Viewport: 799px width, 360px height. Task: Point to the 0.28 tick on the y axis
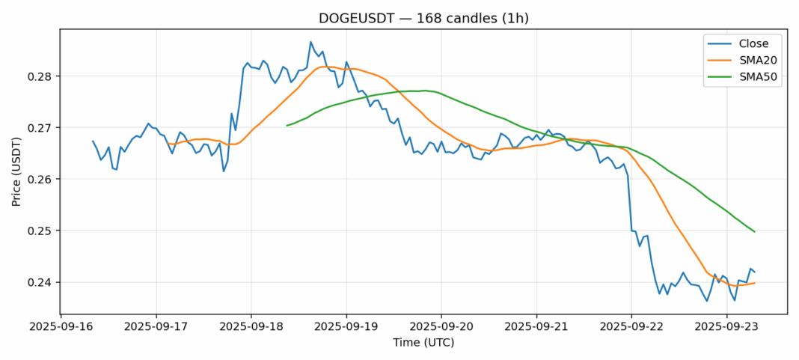pyautogui.click(x=43, y=76)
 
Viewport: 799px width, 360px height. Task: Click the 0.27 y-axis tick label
pyautogui.click(x=43, y=128)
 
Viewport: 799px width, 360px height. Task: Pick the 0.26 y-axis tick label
pyautogui.click(x=43, y=180)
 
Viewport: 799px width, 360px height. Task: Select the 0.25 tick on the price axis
pyautogui.click(x=43, y=231)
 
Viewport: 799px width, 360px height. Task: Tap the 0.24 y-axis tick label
pyautogui.click(x=43, y=282)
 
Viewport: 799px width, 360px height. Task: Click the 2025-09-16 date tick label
pyautogui.click(x=61, y=327)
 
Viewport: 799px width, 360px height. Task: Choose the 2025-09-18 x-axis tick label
pyautogui.click(x=251, y=327)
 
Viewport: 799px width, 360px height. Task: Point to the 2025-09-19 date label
pyautogui.click(x=346, y=327)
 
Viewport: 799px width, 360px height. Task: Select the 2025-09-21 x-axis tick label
pyautogui.click(x=536, y=327)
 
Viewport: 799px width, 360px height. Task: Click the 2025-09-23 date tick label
pyautogui.click(x=726, y=327)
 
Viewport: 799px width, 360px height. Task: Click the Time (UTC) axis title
pyautogui.click(x=423, y=343)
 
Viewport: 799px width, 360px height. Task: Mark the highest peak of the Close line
pyautogui.click(x=310, y=42)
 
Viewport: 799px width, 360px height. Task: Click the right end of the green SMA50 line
pyautogui.click(x=754, y=232)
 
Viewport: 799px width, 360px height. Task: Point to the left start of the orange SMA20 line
pyautogui.click(x=168, y=144)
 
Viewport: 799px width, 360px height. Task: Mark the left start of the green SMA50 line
pyautogui.click(x=287, y=126)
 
